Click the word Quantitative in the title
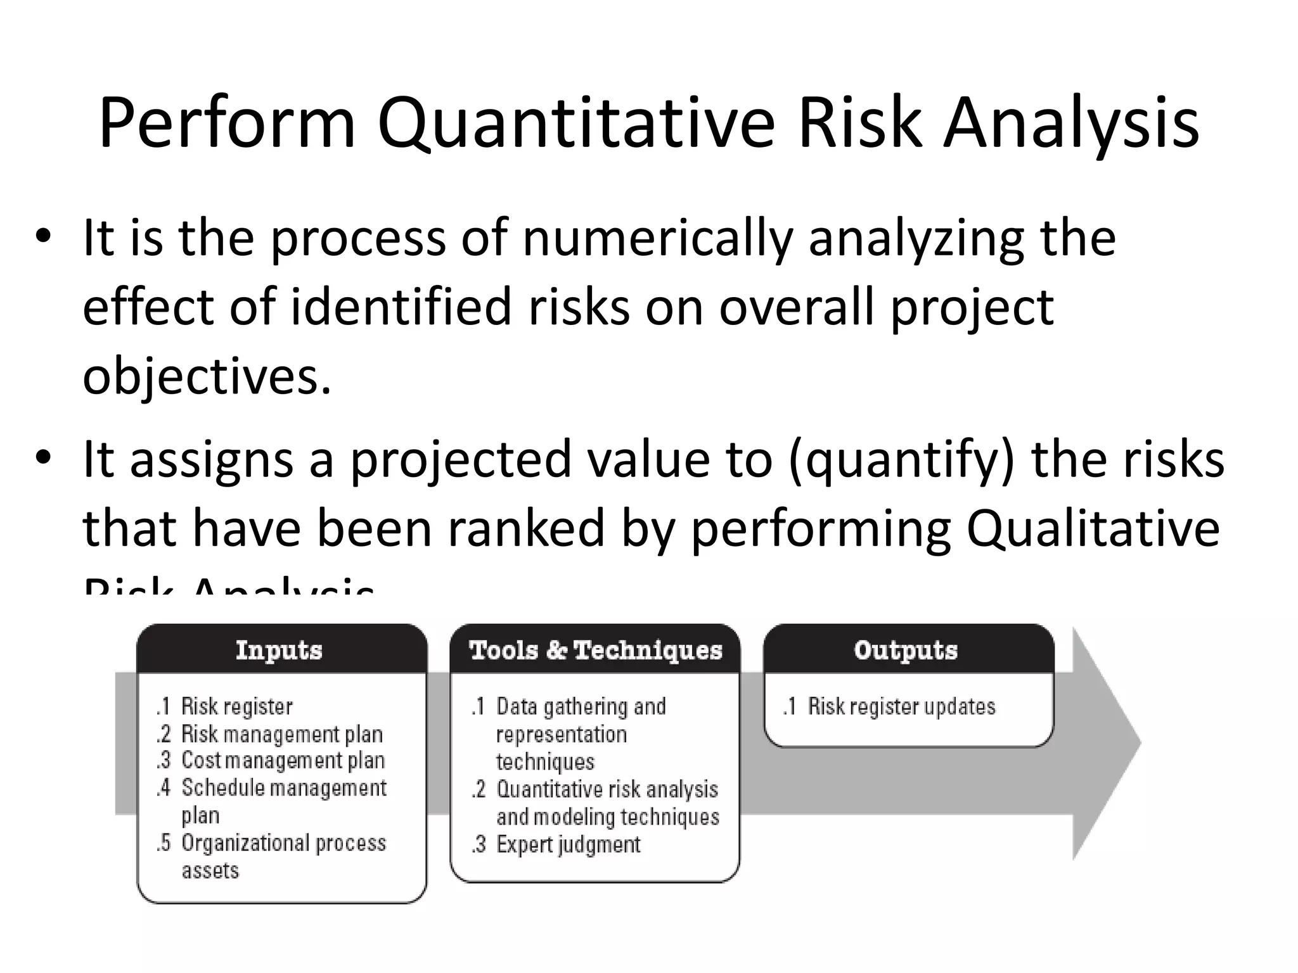click(575, 124)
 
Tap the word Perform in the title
click(227, 124)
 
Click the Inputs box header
click(280, 650)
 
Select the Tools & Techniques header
click(595, 650)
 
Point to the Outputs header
click(906, 650)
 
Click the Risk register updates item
click(901, 706)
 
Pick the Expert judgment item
click(568, 844)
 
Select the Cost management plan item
click(283, 760)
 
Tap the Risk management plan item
click(282, 734)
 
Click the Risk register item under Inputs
click(236, 706)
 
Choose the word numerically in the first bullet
click(657, 238)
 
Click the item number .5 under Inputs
click(164, 843)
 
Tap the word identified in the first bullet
click(401, 307)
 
